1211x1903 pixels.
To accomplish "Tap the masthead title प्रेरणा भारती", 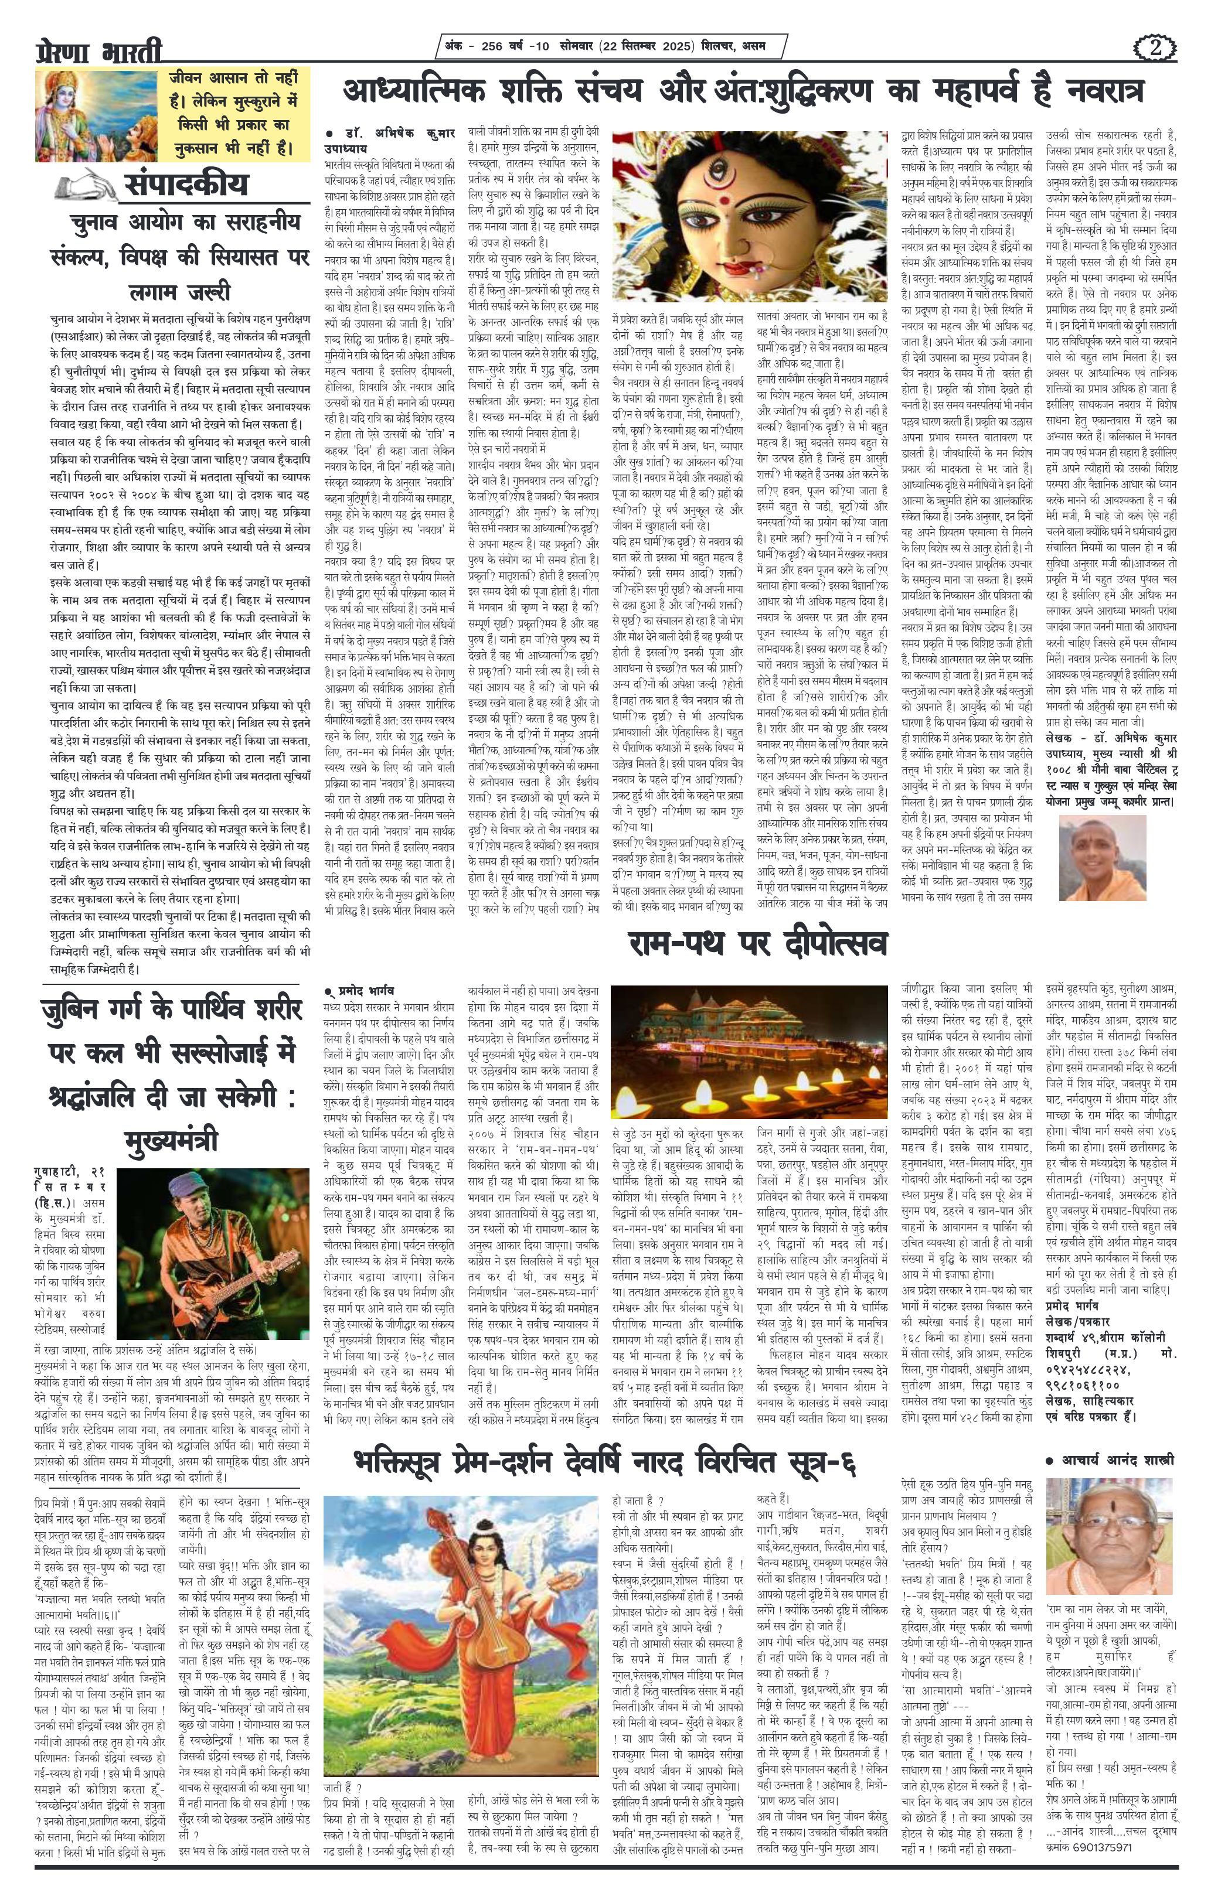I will tap(99, 52).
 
